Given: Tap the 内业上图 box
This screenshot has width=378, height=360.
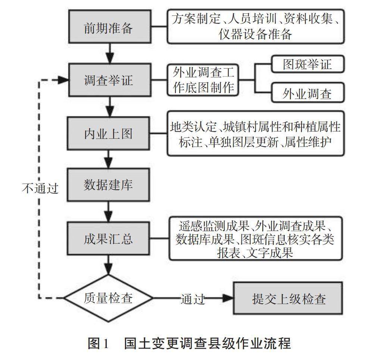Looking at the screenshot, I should coord(109,133).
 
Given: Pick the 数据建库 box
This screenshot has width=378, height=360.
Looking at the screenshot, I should coord(109,185).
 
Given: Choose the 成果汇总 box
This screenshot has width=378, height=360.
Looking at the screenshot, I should coord(109,238).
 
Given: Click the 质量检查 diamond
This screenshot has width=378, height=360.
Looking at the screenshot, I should coord(109,298).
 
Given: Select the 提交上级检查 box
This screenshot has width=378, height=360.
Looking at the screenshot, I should coord(288,298).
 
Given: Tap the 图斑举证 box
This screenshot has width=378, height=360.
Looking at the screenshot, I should coord(307,65).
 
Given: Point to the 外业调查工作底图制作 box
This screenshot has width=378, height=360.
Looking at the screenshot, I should coord(203,79).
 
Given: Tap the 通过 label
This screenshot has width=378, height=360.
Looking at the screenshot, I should coord(193,299).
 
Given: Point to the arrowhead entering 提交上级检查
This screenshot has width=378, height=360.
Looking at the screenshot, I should coord(227,298).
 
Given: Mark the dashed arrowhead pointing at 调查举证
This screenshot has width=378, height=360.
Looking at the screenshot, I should coord(63,80).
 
